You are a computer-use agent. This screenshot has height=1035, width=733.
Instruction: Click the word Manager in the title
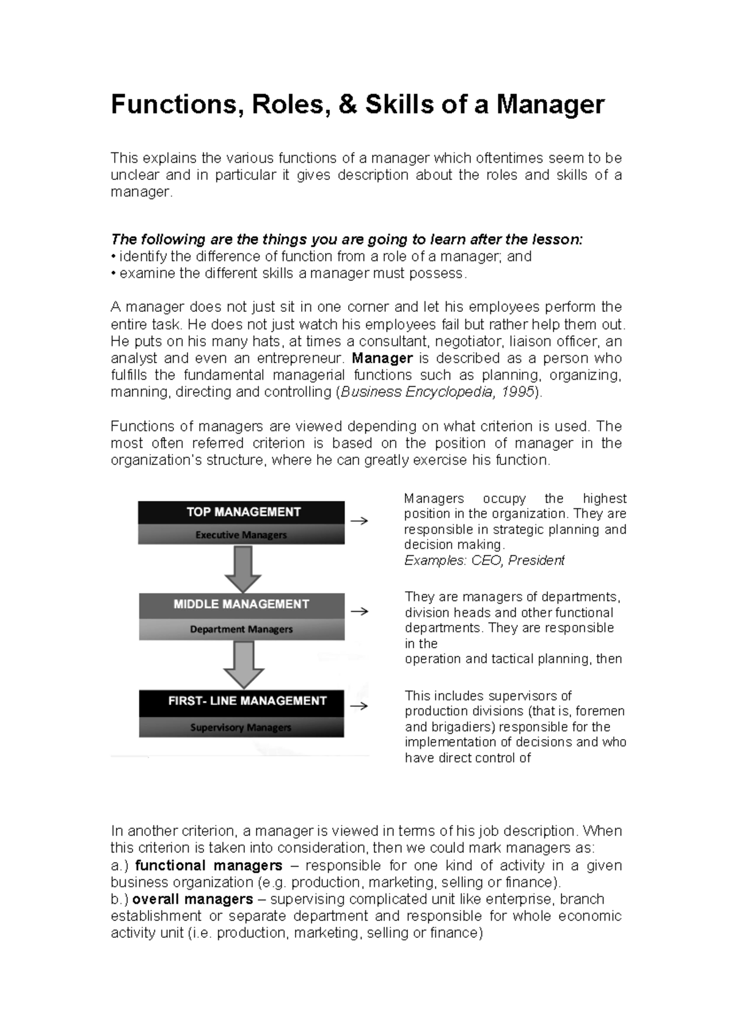[x=550, y=105]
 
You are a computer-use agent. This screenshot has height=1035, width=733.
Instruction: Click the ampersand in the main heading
[x=343, y=105]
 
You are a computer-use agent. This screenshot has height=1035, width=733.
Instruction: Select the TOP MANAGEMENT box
[x=241, y=512]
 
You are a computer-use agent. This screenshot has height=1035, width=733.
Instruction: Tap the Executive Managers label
[x=241, y=535]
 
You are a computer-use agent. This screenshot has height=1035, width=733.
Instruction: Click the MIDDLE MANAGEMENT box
[x=241, y=604]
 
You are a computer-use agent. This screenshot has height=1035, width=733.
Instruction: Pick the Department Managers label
[x=241, y=629]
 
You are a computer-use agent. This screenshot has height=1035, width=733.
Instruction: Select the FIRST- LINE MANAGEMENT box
[x=241, y=701]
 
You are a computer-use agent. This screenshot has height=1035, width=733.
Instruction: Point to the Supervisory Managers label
[x=241, y=727]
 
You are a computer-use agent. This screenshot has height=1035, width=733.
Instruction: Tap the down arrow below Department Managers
[x=244, y=664]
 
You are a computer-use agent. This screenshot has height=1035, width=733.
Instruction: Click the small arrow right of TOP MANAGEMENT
[x=360, y=521]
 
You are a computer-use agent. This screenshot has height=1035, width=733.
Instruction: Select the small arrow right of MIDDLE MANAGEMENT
[x=360, y=611]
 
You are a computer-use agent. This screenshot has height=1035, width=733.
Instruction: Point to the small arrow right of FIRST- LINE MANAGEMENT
[x=360, y=706]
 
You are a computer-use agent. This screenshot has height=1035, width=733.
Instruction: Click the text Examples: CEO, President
[x=484, y=560]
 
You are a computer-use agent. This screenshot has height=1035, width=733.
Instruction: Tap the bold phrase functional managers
[x=208, y=865]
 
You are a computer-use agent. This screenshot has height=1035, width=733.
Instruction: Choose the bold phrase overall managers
[x=192, y=899]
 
